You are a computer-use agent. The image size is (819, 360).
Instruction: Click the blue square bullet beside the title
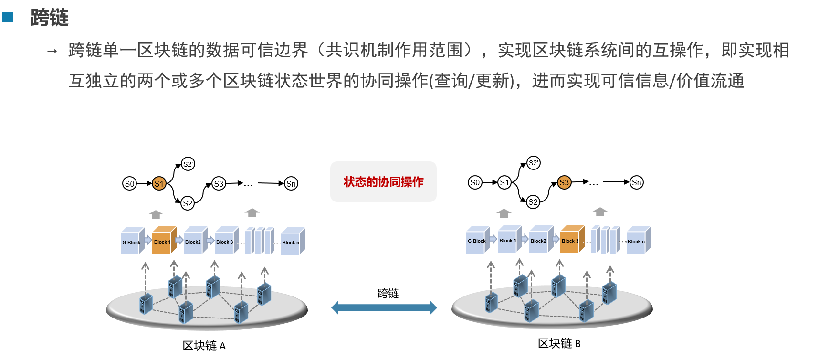tap(7, 17)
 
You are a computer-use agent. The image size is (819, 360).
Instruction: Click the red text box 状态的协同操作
tap(383, 182)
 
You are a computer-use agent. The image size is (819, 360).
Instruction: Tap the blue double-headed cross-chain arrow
tap(384, 308)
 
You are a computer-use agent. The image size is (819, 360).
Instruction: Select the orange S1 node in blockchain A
tap(159, 184)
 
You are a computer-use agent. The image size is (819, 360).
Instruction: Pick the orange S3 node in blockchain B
tap(564, 182)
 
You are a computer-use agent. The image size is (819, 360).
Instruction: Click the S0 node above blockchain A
tap(129, 184)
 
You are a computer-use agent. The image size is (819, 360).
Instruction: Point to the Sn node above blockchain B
tap(637, 182)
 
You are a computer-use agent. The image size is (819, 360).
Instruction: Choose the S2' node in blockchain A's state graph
tap(188, 164)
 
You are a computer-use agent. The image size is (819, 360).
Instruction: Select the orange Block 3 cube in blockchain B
tap(571, 240)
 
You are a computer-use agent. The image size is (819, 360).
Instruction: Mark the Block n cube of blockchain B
tap(637, 241)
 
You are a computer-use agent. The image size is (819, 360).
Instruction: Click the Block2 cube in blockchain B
tap(540, 240)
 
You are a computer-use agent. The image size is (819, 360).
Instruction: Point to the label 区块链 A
tap(204, 346)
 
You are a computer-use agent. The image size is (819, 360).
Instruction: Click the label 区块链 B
tap(559, 343)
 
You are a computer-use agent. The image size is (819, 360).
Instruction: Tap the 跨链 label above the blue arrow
tap(388, 293)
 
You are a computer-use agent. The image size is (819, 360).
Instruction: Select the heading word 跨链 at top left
tap(50, 18)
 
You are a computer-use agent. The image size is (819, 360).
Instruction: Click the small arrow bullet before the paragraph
tap(52, 51)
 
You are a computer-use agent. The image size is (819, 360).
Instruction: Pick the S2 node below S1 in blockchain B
tap(533, 202)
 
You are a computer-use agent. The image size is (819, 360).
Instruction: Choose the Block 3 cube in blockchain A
tap(226, 241)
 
